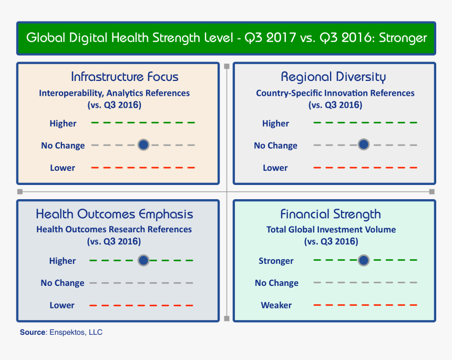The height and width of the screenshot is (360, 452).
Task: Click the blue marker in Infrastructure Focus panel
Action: pyautogui.click(x=143, y=145)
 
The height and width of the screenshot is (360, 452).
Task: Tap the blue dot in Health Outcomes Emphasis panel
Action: pyautogui.click(x=143, y=260)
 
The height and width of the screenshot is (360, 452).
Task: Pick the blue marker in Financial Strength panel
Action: pyautogui.click(x=363, y=260)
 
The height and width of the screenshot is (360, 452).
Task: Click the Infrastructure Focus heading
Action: pyautogui.click(x=125, y=77)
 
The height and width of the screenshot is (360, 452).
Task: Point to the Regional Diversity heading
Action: pyautogui.click(x=333, y=77)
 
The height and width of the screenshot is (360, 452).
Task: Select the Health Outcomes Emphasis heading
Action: pyautogui.click(x=114, y=214)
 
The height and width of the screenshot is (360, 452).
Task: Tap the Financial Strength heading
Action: pyautogui.click(x=331, y=214)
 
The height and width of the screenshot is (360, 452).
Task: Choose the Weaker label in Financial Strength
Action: pyautogui.click(x=276, y=305)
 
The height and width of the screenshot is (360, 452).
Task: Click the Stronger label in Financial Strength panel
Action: pyautogui.click(x=276, y=261)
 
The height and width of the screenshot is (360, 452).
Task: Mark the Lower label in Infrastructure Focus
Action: pyautogui.click(x=63, y=168)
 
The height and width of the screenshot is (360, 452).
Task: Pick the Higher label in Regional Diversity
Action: pyautogui.click(x=275, y=124)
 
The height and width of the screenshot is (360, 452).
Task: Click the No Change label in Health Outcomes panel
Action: pyautogui.click(x=63, y=283)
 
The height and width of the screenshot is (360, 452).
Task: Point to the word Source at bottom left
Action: pyautogui.click(x=33, y=332)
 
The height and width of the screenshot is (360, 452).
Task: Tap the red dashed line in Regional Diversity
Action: pyautogui.click(x=365, y=168)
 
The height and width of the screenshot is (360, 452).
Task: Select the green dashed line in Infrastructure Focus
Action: pyautogui.click(x=143, y=122)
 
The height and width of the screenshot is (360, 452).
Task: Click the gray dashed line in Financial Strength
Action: pyautogui.click(x=365, y=282)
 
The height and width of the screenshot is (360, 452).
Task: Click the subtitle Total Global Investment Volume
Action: pyautogui.click(x=331, y=229)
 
